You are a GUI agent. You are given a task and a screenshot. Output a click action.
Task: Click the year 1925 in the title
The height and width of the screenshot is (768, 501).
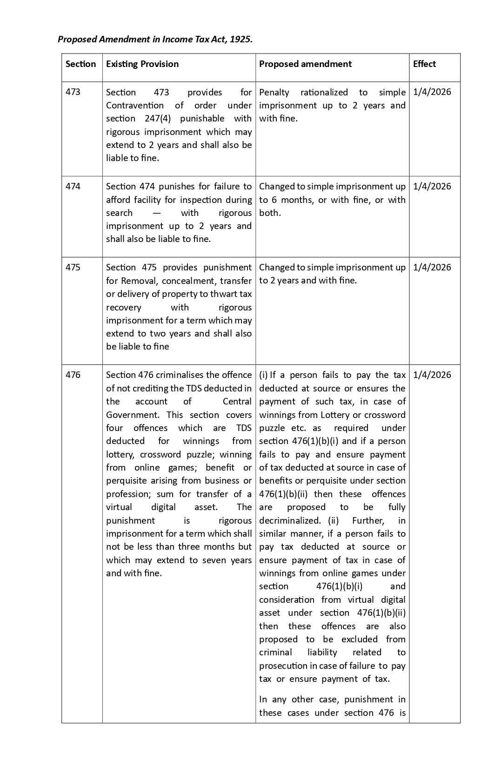click(x=241, y=40)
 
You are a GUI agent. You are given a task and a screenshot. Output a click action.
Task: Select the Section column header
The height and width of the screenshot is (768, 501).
click(x=80, y=64)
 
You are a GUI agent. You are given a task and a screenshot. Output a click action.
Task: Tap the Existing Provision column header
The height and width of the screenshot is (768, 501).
click(x=142, y=64)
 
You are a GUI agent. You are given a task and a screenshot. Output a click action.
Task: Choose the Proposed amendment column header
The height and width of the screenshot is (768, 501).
click(x=305, y=64)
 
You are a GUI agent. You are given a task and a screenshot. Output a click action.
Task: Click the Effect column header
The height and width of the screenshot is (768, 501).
click(x=424, y=64)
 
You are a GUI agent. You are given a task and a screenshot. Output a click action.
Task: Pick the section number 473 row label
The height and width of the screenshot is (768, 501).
click(x=73, y=92)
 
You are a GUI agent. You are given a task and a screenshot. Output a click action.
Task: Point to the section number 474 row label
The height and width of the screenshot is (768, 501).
click(x=73, y=187)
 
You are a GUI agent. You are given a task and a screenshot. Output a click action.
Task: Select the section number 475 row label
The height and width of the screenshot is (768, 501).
click(x=73, y=268)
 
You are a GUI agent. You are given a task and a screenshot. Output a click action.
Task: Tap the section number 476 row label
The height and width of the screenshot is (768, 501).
click(x=73, y=375)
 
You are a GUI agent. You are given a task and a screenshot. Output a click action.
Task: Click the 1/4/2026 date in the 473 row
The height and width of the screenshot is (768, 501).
click(x=432, y=92)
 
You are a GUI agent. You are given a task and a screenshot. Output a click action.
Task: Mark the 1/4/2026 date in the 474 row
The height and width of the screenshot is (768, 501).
click(x=432, y=187)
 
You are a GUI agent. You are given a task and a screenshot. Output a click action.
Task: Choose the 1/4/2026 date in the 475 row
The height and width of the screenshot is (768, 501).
click(x=432, y=268)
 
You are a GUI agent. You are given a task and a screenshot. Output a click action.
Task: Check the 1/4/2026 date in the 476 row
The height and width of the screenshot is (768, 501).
click(x=432, y=375)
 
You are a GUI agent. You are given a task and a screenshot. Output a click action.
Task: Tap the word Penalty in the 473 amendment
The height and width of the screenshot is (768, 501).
click(x=274, y=93)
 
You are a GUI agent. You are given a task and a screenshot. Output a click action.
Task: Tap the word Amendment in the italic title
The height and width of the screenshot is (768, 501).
click(x=124, y=40)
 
